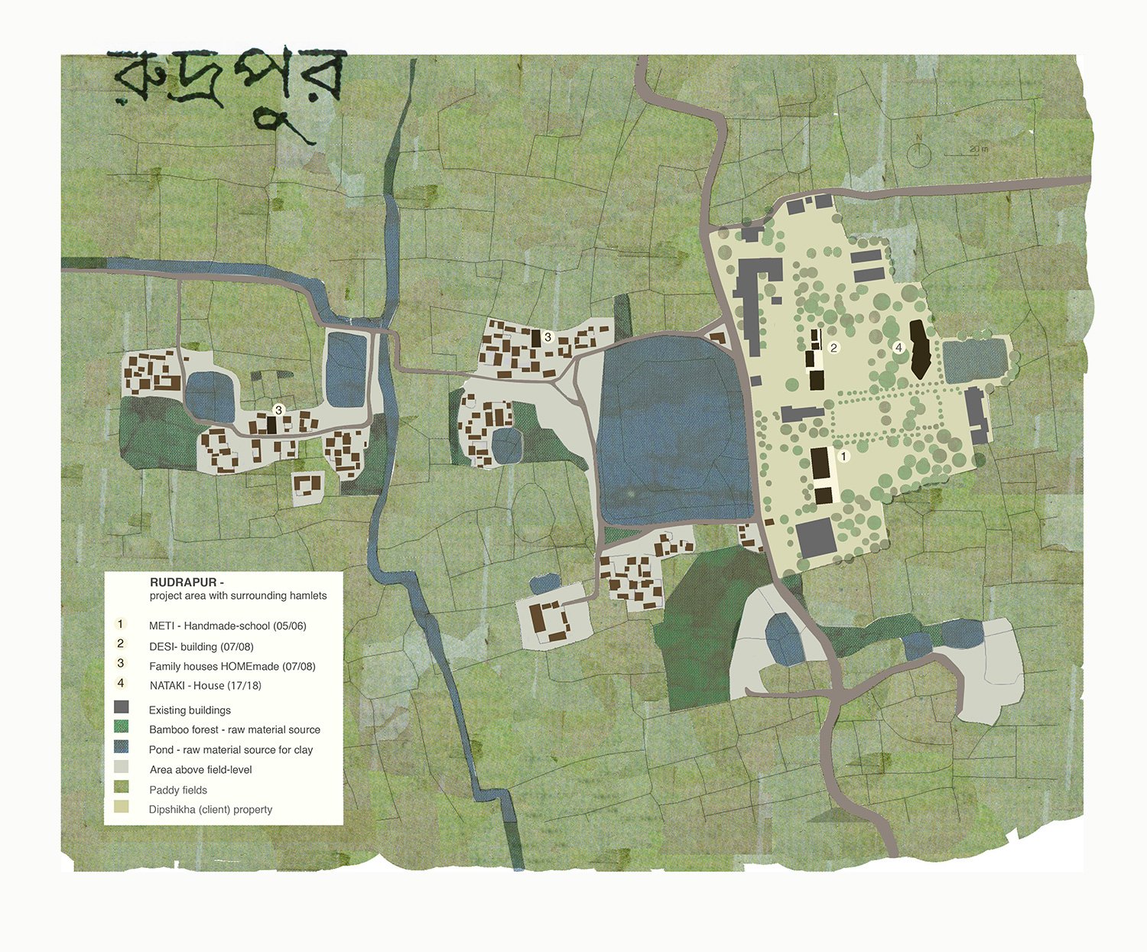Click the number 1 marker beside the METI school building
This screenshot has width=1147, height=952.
(x=843, y=457)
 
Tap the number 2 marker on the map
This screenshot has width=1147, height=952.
(x=834, y=347)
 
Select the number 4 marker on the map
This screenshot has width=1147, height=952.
(x=898, y=347)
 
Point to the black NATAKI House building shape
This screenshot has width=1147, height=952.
(x=919, y=349)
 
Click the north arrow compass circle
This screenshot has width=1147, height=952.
(x=918, y=154)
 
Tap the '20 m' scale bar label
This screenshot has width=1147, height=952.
(x=979, y=148)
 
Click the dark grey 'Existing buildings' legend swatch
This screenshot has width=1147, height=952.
(x=121, y=707)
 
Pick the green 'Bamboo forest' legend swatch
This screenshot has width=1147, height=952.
(x=121, y=726)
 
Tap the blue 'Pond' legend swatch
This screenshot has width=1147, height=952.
(x=121, y=746)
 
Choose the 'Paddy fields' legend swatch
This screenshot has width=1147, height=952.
(x=121, y=787)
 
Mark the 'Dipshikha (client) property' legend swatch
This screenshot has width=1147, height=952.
(x=121, y=807)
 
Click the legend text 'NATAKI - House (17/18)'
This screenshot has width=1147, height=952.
(x=205, y=686)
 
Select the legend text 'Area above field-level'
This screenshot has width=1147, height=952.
(x=200, y=770)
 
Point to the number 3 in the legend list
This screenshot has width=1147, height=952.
(x=121, y=663)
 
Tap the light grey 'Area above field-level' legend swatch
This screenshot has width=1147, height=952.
(x=121, y=766)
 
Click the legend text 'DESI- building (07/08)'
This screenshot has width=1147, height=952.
(x=201, y=647)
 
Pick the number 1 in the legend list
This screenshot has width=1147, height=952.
(x=120, y=624)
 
